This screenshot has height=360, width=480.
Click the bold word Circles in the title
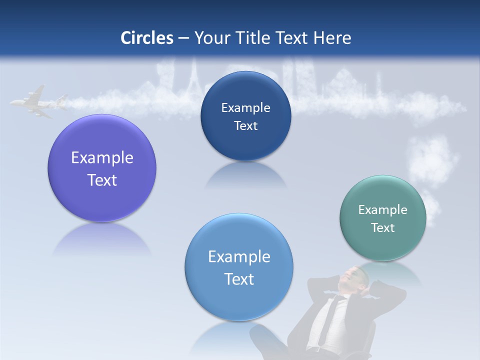[147, 38]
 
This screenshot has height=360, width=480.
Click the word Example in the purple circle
[102, 158]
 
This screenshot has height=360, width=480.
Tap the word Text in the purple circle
[102, 180]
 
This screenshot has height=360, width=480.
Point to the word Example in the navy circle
[246, 108]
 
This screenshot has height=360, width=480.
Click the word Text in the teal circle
[383, 228]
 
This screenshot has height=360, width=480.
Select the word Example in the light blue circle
[239, 257]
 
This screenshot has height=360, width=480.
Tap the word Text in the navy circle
[246, 126]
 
